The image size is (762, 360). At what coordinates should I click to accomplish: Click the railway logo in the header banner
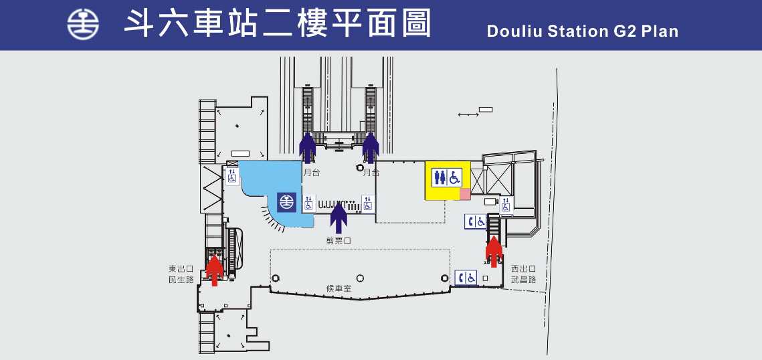(x=83, y=25)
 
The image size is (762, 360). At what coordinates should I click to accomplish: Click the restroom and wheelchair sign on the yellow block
(x=448, y=177)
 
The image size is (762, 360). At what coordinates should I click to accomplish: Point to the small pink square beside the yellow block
(x=464, y=193)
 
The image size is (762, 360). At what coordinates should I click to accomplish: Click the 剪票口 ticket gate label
(x=339, y=240)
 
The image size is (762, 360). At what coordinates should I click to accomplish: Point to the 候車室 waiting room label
(x=339, y=289)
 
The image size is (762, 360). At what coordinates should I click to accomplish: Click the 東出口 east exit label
(x=181, y=268)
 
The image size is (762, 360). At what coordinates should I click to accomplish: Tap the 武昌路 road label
(x=523, y=279)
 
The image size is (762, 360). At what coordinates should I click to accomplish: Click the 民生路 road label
(x=181, y=279)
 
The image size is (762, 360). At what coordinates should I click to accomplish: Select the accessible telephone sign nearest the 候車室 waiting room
(x=466, y=277)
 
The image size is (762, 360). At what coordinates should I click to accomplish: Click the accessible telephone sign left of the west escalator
(x=476, y=221)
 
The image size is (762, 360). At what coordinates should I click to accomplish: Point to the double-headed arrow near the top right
(x=468, y=115)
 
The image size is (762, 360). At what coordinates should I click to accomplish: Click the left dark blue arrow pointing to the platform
(x=307, y=147)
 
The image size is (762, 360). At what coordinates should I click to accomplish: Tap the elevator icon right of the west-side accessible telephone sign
(x=506, y=205)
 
